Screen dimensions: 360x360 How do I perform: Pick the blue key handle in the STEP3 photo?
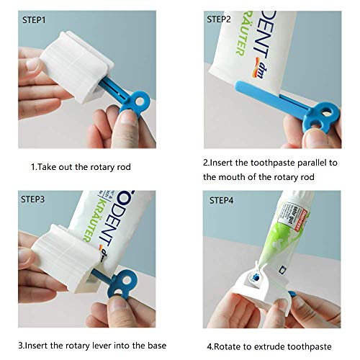133,284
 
